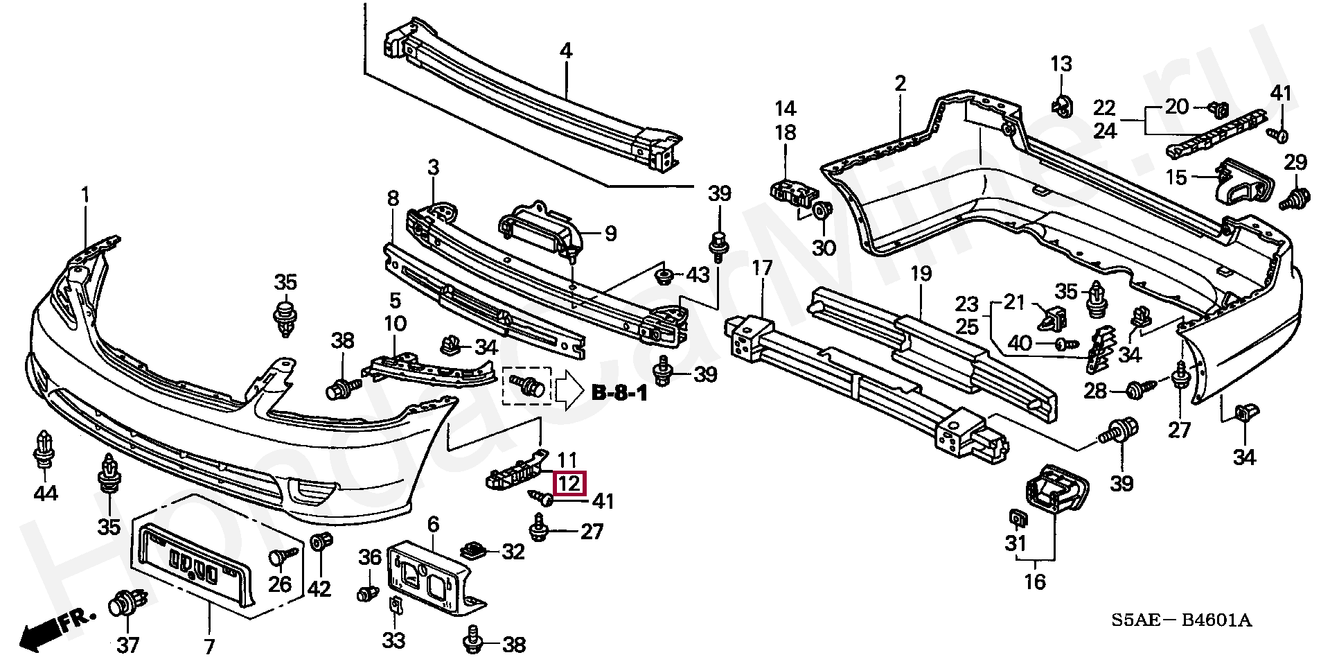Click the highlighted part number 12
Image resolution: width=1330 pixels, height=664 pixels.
(569, 482)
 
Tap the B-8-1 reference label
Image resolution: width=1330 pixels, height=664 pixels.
(619, 394)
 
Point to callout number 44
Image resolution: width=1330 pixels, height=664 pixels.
(46, 493)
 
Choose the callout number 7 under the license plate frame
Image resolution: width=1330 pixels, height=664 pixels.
(210, 647)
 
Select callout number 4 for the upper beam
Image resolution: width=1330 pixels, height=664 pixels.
(566, 51)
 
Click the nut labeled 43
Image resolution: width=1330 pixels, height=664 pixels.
(665, 277)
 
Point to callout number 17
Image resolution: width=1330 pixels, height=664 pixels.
(762, 268)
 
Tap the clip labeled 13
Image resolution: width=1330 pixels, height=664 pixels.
(1060, 105)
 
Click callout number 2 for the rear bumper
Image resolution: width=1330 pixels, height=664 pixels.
(900, 84)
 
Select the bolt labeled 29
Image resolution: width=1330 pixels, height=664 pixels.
(1293, 199)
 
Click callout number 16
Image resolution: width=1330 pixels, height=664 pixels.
(1035, 582)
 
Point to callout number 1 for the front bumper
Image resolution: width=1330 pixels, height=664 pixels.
(85, 195)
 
